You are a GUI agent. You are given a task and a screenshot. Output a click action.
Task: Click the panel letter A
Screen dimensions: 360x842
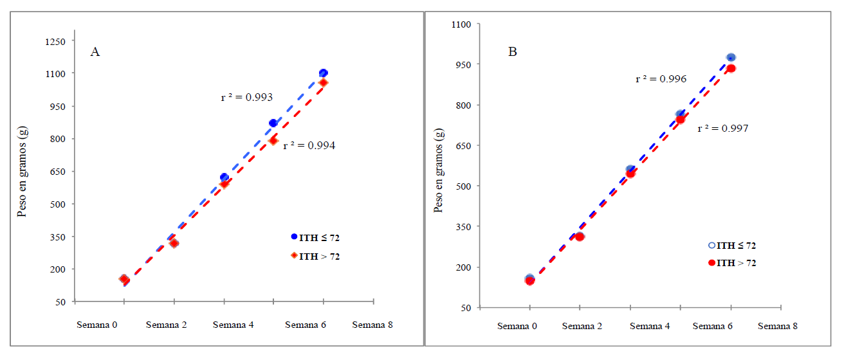point(95,52)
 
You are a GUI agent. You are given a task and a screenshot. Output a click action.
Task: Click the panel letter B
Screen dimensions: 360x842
point(513,52)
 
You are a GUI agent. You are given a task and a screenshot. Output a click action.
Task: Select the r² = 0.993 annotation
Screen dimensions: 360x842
point(247,98)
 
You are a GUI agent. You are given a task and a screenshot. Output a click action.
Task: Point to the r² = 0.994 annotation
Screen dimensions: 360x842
point(309,145)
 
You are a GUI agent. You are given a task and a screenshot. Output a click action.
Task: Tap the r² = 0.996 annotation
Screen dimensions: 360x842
point(661,79)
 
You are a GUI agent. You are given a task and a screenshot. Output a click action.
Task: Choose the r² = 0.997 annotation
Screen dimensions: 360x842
point(723,128)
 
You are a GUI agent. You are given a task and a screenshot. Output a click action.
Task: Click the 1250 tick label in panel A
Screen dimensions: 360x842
point(55,41)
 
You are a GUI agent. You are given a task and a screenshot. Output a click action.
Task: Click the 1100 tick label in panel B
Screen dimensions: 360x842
point(463,24)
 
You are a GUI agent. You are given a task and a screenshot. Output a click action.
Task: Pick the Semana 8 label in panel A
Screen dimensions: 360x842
point(372,325)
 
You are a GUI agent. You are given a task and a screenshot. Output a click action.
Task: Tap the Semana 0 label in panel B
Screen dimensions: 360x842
point(517,326)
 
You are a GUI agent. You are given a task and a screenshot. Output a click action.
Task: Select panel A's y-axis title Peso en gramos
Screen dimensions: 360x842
point(22,172)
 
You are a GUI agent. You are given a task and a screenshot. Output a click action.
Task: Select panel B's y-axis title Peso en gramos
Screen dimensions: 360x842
point(439,168)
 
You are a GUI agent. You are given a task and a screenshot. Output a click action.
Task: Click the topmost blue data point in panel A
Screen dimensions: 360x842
point(323,73)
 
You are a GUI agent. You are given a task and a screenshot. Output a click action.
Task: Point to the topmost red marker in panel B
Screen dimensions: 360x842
point(731,68)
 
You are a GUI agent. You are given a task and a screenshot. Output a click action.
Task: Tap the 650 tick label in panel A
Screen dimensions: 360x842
point(57,172)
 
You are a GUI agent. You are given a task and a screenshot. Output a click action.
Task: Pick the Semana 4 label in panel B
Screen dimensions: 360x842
point(650,326)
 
